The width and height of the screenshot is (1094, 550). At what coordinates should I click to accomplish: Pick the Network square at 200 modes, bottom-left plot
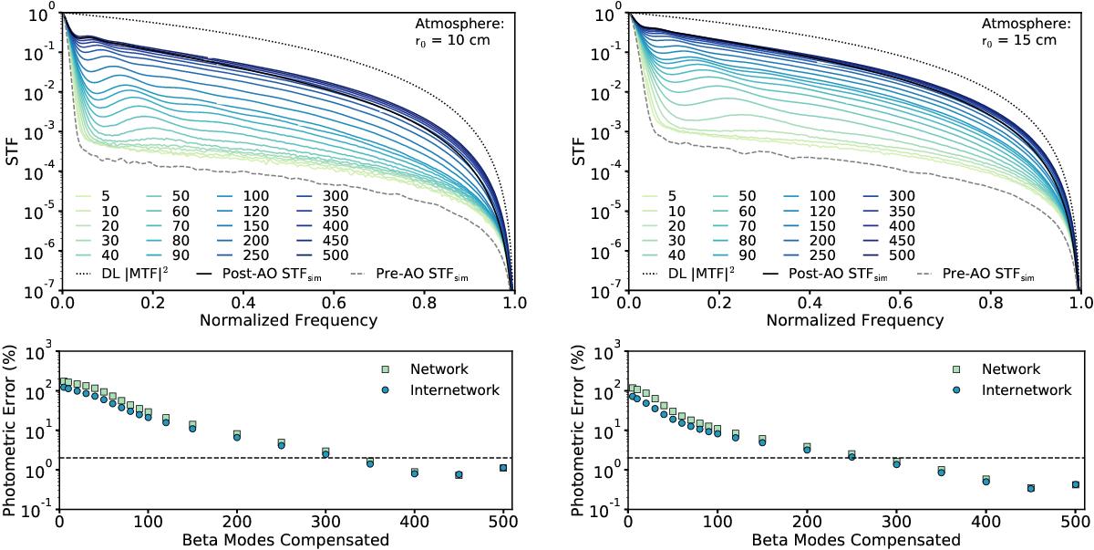(236, 434)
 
